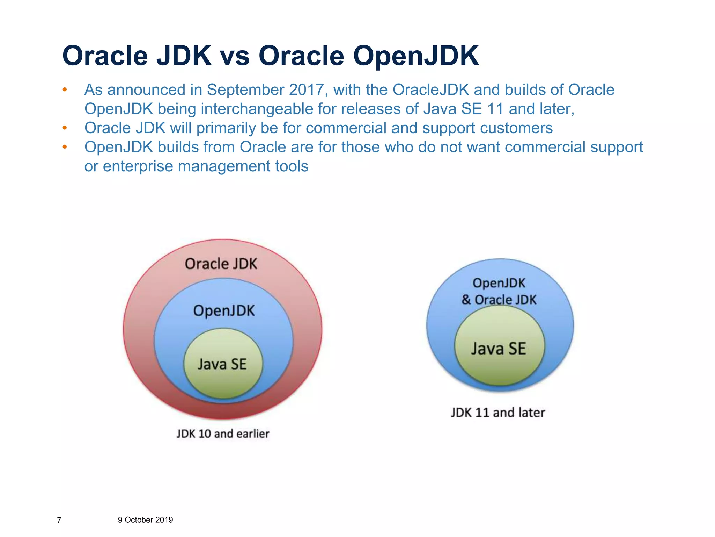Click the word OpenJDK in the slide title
pos(415,56)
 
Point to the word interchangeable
pos(257,109)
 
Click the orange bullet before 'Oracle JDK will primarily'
pos(65,128)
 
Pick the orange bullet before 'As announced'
pos(65,90)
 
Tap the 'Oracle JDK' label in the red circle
pos(221,264)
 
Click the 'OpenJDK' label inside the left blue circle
pos(224,311)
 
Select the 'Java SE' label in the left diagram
pos(222,364)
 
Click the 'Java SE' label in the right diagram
pos(498,349)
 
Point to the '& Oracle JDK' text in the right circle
pos(499,300)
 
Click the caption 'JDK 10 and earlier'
pos(223,434)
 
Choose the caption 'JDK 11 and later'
pos(497,413)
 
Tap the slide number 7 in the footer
pos(59,520)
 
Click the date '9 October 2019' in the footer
pos(145,520)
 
